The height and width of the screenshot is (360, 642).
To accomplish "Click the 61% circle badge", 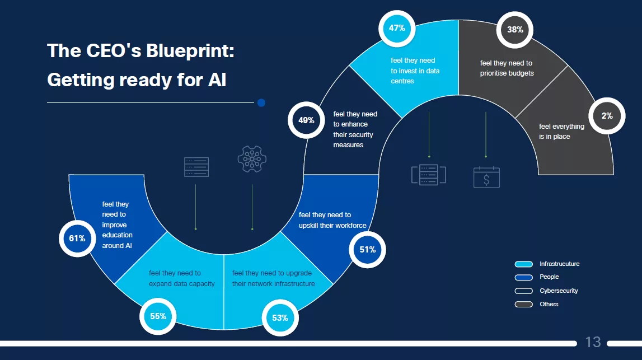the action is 77,239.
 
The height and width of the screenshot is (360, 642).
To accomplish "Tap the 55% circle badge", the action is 158,316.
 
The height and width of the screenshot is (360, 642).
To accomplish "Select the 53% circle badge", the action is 280,318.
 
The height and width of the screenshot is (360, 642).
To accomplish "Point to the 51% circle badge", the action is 367,250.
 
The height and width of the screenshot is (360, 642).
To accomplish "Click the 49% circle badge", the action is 306,120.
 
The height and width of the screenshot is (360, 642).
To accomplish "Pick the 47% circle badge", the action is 397,28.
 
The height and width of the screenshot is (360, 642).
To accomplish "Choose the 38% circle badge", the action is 515,30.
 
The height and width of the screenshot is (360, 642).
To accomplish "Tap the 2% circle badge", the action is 607,116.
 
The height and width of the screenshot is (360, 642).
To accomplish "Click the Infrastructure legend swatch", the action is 524,264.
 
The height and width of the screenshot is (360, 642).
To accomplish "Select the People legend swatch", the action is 524,277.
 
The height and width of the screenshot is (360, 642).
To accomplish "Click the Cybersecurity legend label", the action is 559,291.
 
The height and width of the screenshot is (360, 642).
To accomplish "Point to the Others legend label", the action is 549,305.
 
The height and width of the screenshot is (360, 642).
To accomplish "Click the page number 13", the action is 593,342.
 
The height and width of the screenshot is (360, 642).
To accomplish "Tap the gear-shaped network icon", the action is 252,159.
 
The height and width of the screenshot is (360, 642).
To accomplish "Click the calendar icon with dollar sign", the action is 486,177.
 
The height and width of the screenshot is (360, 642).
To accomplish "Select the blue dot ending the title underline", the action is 261,103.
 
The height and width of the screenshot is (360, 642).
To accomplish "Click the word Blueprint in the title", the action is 190,51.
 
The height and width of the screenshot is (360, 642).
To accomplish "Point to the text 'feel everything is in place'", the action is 561,132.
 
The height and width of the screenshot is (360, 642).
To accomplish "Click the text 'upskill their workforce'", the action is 332,226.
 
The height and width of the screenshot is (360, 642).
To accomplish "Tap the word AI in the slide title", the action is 217,80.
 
